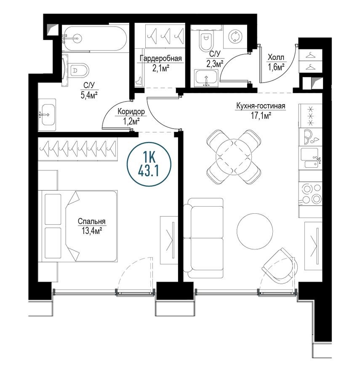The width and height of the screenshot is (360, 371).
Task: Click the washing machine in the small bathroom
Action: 234,37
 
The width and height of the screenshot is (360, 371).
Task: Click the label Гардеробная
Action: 160,59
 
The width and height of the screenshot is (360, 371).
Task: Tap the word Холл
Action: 276,58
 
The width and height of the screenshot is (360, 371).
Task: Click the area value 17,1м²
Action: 261,114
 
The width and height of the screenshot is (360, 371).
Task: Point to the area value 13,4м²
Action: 91,230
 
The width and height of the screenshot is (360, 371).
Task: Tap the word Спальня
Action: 91,222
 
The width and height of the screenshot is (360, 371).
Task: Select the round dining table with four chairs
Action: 233,156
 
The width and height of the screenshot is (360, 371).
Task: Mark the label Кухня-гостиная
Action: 261,106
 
